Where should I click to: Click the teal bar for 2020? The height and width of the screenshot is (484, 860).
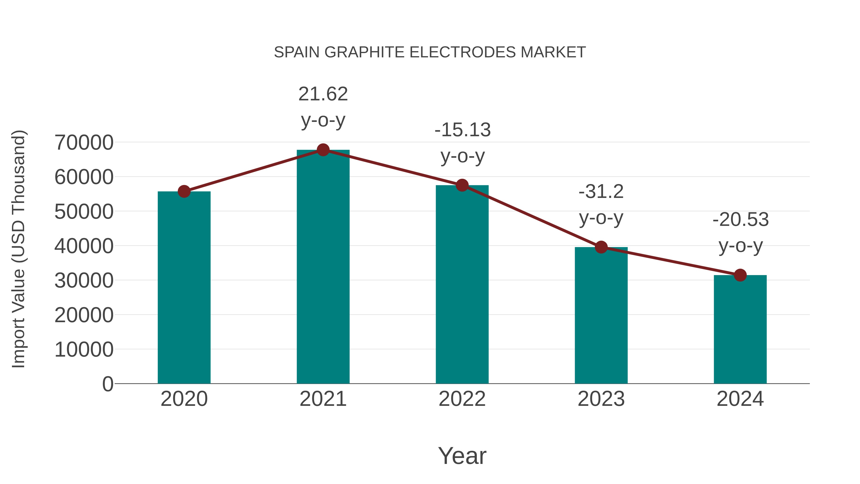[184, 287]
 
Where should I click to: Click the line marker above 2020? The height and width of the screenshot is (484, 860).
[184, 191]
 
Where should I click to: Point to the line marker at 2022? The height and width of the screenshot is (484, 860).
[462, 185]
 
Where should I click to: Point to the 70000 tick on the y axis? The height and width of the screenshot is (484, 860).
[84, 143]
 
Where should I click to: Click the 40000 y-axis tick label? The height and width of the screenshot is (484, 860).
[84, 246]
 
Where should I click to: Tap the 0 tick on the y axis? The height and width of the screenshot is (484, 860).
[107, 384]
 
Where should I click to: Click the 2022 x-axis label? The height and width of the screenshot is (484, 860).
[462, 399]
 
